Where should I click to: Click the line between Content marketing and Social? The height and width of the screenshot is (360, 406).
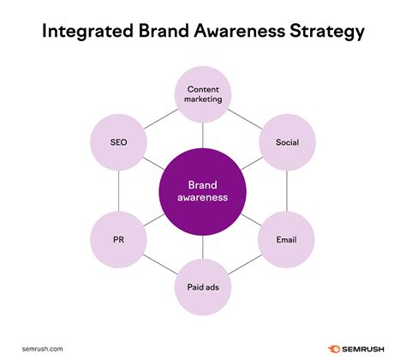245,116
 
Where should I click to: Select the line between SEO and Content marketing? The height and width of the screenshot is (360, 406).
161,116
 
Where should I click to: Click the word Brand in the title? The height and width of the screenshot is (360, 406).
162,32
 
